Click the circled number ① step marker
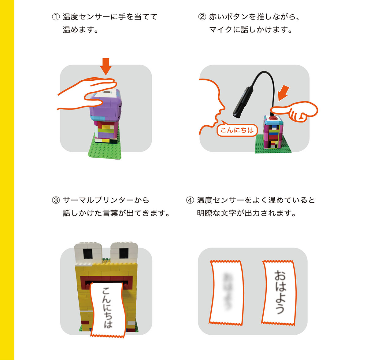(56, 17)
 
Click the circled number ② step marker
(202, 17)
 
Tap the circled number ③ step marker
(56, 200)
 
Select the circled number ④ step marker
(190, 200)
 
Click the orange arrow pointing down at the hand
(106, 66)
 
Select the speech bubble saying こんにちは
(237, 130)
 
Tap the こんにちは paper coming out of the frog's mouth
(107, 309)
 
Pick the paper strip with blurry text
(227, 292)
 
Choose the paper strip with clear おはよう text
(279, 292)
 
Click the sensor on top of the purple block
(107, 92)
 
